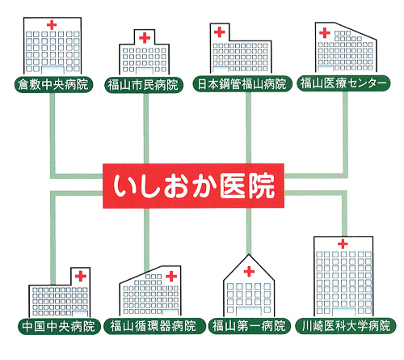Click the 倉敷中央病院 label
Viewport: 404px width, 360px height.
tap(53, 84)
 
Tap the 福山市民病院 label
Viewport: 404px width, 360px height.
tap(144, 85)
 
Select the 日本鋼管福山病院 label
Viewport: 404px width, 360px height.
tap(242, 84)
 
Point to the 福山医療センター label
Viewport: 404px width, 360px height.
tap(343, 83)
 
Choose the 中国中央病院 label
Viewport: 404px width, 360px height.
tap(59, 326)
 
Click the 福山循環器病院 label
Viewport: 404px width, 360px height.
tap(154, 326)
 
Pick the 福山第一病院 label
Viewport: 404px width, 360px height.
tap(250, 326)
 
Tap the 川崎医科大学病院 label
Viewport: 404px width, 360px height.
tap(346, 325)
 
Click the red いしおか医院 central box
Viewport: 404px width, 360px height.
tap(193, 186)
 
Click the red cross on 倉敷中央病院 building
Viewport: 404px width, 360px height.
tap(52, 25)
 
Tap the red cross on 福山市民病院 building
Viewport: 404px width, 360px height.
tap(145, 38)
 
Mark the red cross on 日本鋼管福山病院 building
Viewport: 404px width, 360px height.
tap(220, 32)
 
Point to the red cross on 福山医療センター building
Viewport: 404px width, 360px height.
tap(325, 33)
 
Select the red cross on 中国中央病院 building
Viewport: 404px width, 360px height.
tap(81, 276)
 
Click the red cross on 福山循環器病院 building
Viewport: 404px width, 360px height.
tap(171, 276)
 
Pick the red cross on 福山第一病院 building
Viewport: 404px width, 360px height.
tap(249, 272)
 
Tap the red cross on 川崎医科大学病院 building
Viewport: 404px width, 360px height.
tap(343, 244)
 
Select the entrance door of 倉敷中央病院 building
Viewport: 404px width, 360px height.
tap(53, 70)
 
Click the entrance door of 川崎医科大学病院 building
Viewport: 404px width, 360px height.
tap(344, 311)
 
